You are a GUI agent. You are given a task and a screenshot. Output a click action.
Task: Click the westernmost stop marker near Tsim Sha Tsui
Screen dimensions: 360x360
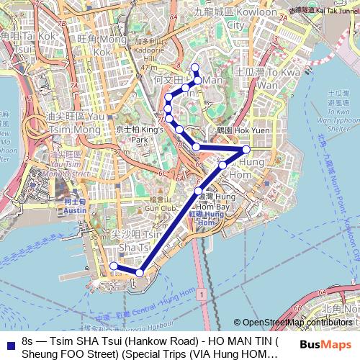pos(113,266)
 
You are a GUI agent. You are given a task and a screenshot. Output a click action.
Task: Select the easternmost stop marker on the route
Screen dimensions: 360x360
pos(246,149)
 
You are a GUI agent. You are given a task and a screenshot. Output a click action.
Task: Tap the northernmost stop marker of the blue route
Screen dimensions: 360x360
pos(194,68)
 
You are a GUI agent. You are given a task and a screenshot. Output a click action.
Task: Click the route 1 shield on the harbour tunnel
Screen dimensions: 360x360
pos(204,295)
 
